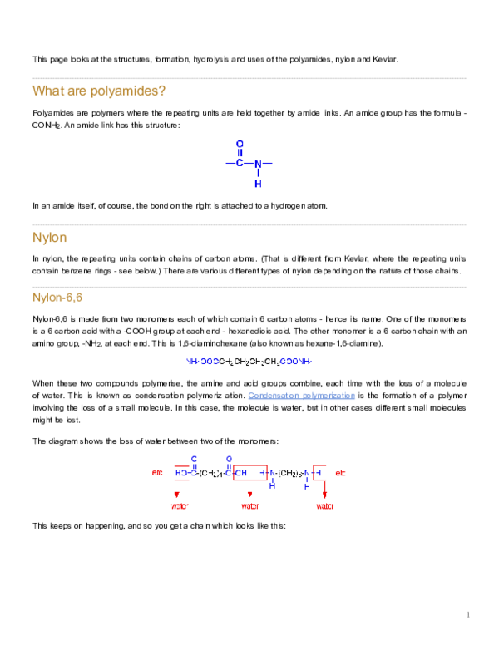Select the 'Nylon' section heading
[48, 237]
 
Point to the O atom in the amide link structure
[240, 144]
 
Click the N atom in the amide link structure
[258, 163]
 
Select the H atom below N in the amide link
[258, 183]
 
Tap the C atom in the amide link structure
[240, 163]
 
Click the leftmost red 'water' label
[180, 505]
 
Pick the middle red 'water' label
[250, 505]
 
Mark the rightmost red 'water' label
[324, 505]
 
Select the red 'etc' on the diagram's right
[339, 473]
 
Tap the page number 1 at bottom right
[469, 615]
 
